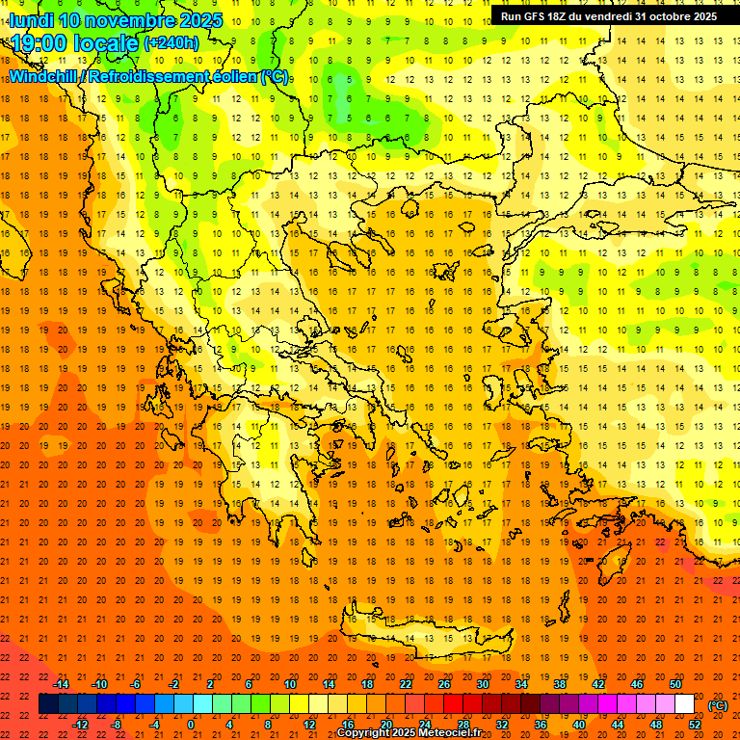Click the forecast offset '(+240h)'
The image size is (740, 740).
(171, 43)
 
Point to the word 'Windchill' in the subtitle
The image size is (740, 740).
(43, 76)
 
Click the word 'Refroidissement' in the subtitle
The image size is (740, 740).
(148, 76)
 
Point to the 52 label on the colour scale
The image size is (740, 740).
(695, 725)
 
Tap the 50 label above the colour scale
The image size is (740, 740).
(675, 684)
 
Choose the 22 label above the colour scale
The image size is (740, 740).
(406, 684)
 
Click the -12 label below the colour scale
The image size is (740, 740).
(80, 725)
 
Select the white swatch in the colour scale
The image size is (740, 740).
(684, 704)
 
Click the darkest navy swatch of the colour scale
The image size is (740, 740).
(48, 704)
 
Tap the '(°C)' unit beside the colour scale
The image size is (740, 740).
(718, 705)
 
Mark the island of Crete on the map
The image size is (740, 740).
(424, 638)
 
